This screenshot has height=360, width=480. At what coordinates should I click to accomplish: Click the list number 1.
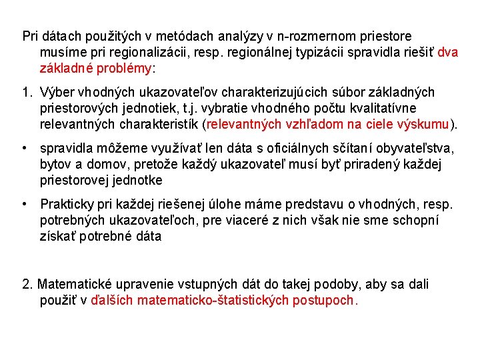[26, 92]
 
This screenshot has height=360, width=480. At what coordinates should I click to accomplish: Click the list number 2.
[27, 284]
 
